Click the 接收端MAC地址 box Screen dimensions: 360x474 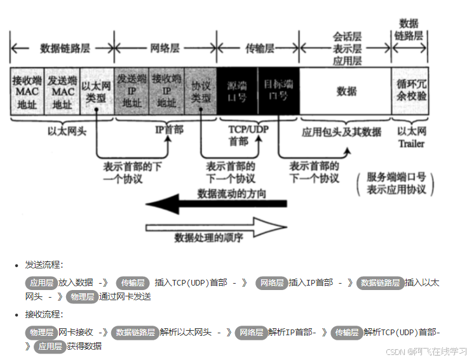[x=26, y=92]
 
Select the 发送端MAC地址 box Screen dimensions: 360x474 [x=62, y=92]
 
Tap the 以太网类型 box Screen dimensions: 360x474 [x=97, y=92]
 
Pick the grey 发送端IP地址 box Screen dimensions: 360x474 [x=132, y=92]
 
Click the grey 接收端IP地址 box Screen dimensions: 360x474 [x=166, y=92]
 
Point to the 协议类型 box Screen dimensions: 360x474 [x=201, y=92]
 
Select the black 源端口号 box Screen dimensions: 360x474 [x=238, y=92]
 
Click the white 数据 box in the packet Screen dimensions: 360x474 [x=346, y=92]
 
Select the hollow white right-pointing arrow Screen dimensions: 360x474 [x=216, y=225]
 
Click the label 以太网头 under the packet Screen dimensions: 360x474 [x=62, y=131]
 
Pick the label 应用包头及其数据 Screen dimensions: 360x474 [x=342, y=132]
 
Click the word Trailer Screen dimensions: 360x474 [x=411, y=143]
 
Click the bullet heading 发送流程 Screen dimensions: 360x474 [x=44, y=265]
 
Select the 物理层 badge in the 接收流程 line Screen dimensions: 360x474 [x=41, y=332]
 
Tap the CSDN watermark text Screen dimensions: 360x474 [x=426, y=351]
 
